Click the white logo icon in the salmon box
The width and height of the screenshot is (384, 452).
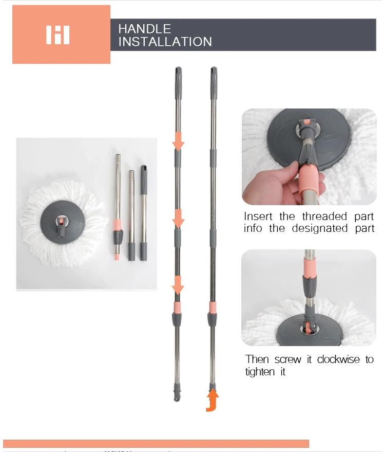(x=57, y=35)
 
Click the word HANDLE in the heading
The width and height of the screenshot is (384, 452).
(x=144, y=29)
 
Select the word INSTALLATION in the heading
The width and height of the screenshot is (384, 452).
(x=165, y=42)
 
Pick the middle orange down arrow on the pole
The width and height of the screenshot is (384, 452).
(x=178, y=219)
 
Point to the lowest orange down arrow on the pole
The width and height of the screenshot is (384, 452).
(x=178, y=285)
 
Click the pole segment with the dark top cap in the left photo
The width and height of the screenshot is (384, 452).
(x=144, y=211)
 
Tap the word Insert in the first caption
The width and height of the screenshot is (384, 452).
(x=259, y=216)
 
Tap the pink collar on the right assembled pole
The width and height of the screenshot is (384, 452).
(x=213, y=307)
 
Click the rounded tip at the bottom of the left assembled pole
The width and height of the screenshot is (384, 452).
(x=178, y=398)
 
